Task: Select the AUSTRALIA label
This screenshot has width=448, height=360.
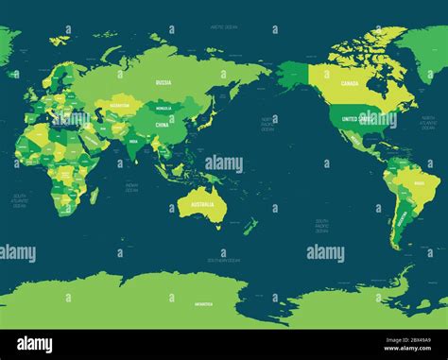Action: coord(205,204)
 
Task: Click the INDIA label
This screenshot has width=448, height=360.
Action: coord(131,143)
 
